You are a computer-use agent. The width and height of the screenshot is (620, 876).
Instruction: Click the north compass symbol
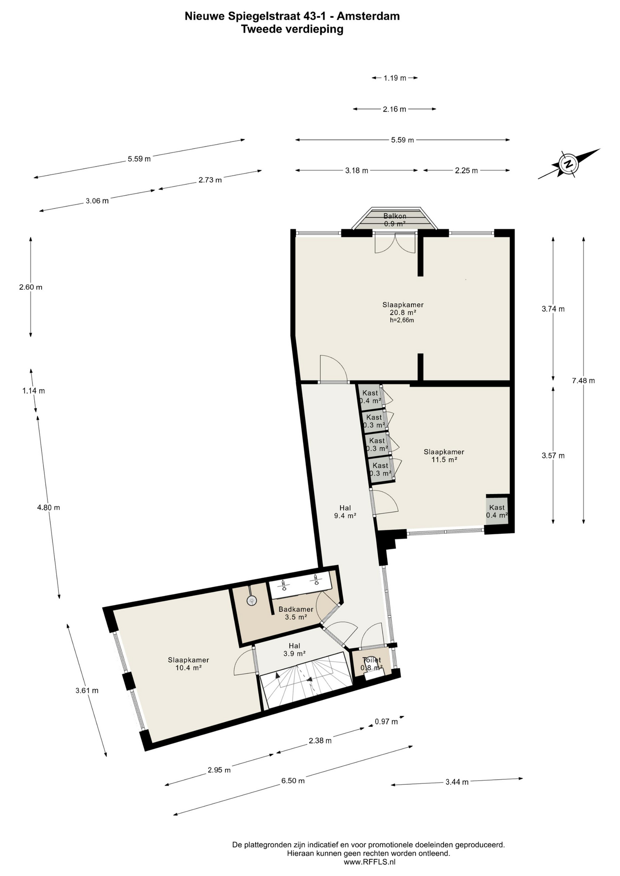568,164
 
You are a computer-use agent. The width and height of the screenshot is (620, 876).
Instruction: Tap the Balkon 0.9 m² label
395,220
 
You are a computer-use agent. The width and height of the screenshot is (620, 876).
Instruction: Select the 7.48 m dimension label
583,381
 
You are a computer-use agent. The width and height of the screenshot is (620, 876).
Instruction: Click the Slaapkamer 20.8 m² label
403,309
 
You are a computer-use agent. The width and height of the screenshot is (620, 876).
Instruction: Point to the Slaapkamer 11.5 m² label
444,456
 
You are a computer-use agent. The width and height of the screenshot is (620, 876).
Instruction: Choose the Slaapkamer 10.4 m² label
188,663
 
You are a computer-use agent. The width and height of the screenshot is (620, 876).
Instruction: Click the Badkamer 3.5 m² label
296,613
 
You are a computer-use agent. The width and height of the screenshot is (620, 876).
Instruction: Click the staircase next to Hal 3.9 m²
306,680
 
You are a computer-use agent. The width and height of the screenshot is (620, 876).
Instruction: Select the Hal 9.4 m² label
345,511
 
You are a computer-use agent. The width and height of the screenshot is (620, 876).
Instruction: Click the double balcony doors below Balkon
395,243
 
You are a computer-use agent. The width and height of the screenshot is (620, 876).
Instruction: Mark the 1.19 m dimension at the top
394,78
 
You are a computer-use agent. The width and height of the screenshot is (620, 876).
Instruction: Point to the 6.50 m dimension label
293,781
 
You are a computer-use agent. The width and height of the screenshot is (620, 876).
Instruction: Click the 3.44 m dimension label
457,782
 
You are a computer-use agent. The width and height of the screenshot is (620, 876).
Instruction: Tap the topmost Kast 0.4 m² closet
370,396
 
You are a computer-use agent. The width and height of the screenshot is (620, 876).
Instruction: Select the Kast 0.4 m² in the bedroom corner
497,511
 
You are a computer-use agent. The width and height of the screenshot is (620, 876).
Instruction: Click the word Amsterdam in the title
368,16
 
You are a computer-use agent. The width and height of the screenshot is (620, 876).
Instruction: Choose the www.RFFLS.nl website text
369,862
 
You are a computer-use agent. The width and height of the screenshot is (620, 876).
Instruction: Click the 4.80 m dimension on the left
48,507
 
